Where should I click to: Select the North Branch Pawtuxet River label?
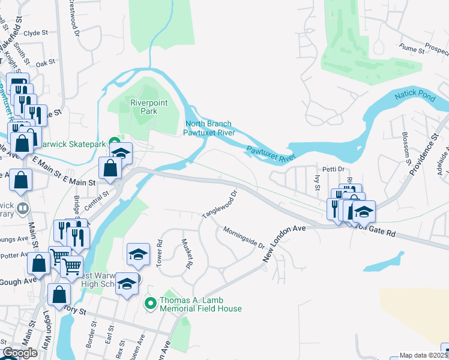(208, 128)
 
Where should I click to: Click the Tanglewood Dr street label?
(221, 206)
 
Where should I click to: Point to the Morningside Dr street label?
(244, 237)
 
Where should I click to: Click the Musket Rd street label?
(187, 253)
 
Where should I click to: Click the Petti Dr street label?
(332, 169)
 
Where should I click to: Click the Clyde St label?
(35, 34)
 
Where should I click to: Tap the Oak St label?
(45, 62)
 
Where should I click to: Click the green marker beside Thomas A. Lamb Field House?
(151, 304)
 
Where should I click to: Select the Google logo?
(20, 353)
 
